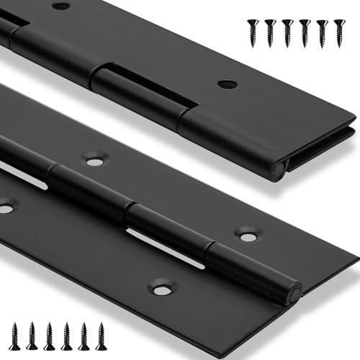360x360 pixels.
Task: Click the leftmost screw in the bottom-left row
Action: coord(14,336)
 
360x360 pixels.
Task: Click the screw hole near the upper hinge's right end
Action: coord(228,84)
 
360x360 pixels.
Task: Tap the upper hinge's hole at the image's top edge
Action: coord(61,6)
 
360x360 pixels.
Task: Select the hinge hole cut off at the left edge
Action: coord(5,208)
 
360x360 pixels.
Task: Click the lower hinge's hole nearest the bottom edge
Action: coord(163,290)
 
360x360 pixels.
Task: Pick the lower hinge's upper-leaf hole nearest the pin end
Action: coord(248,236)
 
